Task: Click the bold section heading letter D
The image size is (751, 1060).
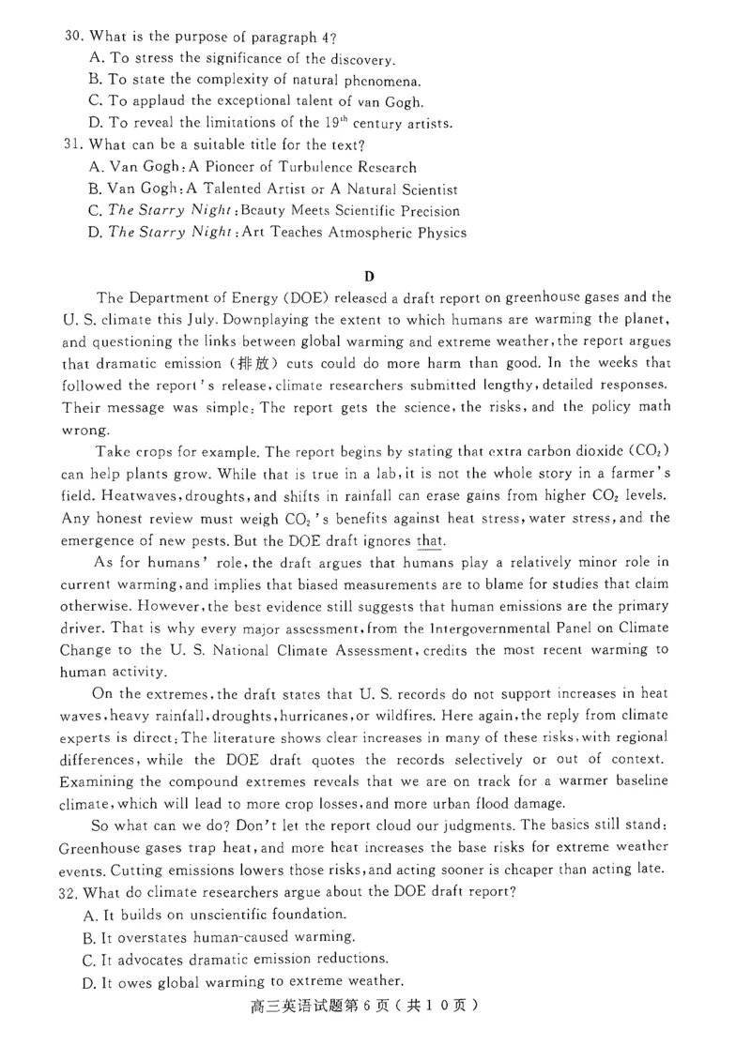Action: click(x=369, y=276)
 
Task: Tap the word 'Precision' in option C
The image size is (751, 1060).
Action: click(x=419, y=211)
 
